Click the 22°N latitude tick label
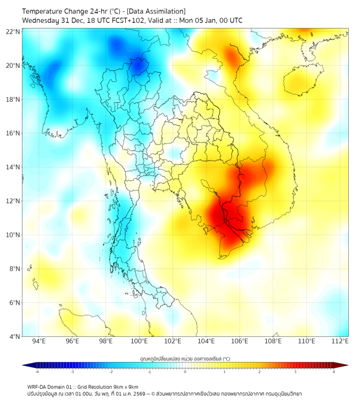(x=13, y=31)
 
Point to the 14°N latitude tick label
(x=13, y=167)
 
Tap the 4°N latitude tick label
(x=15, y=336)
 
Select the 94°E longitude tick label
(x=39, y=341)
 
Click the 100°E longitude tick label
(x=140, y=341)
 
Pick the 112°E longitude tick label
(x=340, y=341)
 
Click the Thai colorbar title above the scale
(x=185, y=358)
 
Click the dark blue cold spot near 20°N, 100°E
(x=139, y=66)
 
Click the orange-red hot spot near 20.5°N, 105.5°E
(x=232, y=55)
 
